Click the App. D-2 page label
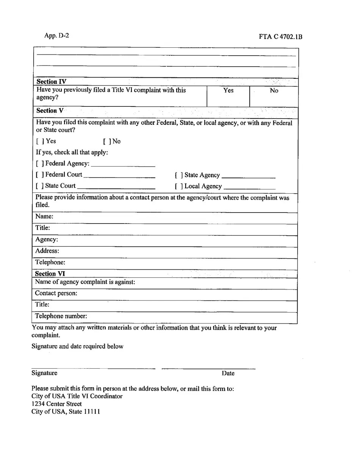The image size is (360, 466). click(x=56, y=36)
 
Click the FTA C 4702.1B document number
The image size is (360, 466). click(x=280, y=37)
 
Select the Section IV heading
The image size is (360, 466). click(x=51, y=81)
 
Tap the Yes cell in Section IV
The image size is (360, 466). click(x=228, y=91)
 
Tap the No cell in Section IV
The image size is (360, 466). click(x=274, y=91)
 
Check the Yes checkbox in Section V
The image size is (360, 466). click(x=39, y=141)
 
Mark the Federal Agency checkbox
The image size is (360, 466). click(x=39, y=164)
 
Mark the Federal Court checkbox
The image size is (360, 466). click(x=39, y=175)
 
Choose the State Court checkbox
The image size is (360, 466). click(x=39, y=186)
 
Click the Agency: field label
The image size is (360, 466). click(x=47, y=239)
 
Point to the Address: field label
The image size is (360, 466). click(x=47, y=251)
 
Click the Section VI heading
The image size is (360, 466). click(x=50, y=274)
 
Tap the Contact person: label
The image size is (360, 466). click(x=56, y=293)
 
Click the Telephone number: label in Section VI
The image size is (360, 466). click(x=61, y=316)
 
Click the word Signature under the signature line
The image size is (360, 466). click(x=44, y=373)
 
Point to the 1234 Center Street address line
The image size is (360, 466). click(x=56, y=404)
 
